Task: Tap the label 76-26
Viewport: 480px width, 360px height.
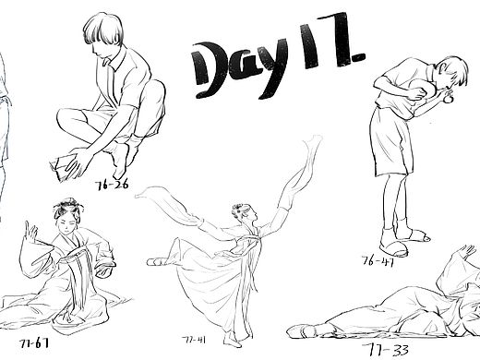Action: coord(113,184)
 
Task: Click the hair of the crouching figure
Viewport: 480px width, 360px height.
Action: coord(102,32)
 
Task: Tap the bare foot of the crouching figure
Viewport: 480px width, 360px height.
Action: coord(118,166)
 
